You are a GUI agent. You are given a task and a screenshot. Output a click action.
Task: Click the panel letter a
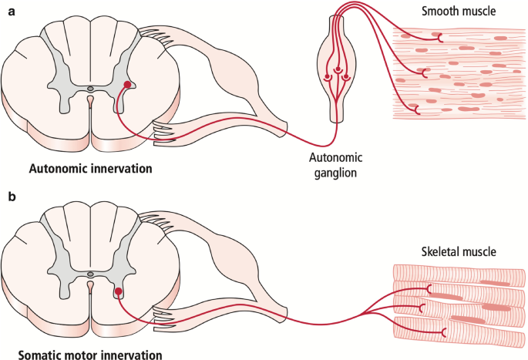click(x=12, y=12)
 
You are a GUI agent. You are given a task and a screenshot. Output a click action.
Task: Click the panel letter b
click(x=12, y=196)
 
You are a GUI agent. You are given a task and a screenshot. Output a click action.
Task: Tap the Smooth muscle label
click(x=459, y=11)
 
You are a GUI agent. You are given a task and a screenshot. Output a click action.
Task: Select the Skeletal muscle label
click(x=459, y=251)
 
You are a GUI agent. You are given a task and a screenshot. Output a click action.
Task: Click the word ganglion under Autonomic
click(x=335, y=173)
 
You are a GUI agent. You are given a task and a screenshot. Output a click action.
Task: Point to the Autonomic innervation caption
click(x=91, y=168)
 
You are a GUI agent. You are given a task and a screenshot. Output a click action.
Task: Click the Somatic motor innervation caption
click(x=90, y=355)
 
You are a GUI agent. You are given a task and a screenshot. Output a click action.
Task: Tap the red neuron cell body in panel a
click(x=127, y=85)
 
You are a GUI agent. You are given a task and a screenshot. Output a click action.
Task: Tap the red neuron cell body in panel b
click(x=118, y=291)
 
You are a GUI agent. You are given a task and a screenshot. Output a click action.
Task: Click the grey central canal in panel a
click(x=91, y=89)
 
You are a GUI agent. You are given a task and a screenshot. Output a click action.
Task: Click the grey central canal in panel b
click(x=91, y=274)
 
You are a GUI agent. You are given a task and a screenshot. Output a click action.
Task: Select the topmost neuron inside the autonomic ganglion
click(x=338, y=70)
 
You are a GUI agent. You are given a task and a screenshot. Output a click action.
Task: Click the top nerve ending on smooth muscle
click(x=440, y=38)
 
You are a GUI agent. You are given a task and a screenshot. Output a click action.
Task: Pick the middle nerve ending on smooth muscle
click(x=425, y=73)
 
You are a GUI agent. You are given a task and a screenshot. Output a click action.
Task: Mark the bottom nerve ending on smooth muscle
click(x=417, y=109)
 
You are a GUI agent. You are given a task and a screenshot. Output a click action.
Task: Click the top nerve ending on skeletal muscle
click(x=429, y=289)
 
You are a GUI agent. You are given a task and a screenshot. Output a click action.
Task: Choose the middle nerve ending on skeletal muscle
click(x=422, y=308)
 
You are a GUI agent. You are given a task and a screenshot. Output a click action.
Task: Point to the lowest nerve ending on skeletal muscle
click(x=444, y=332)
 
